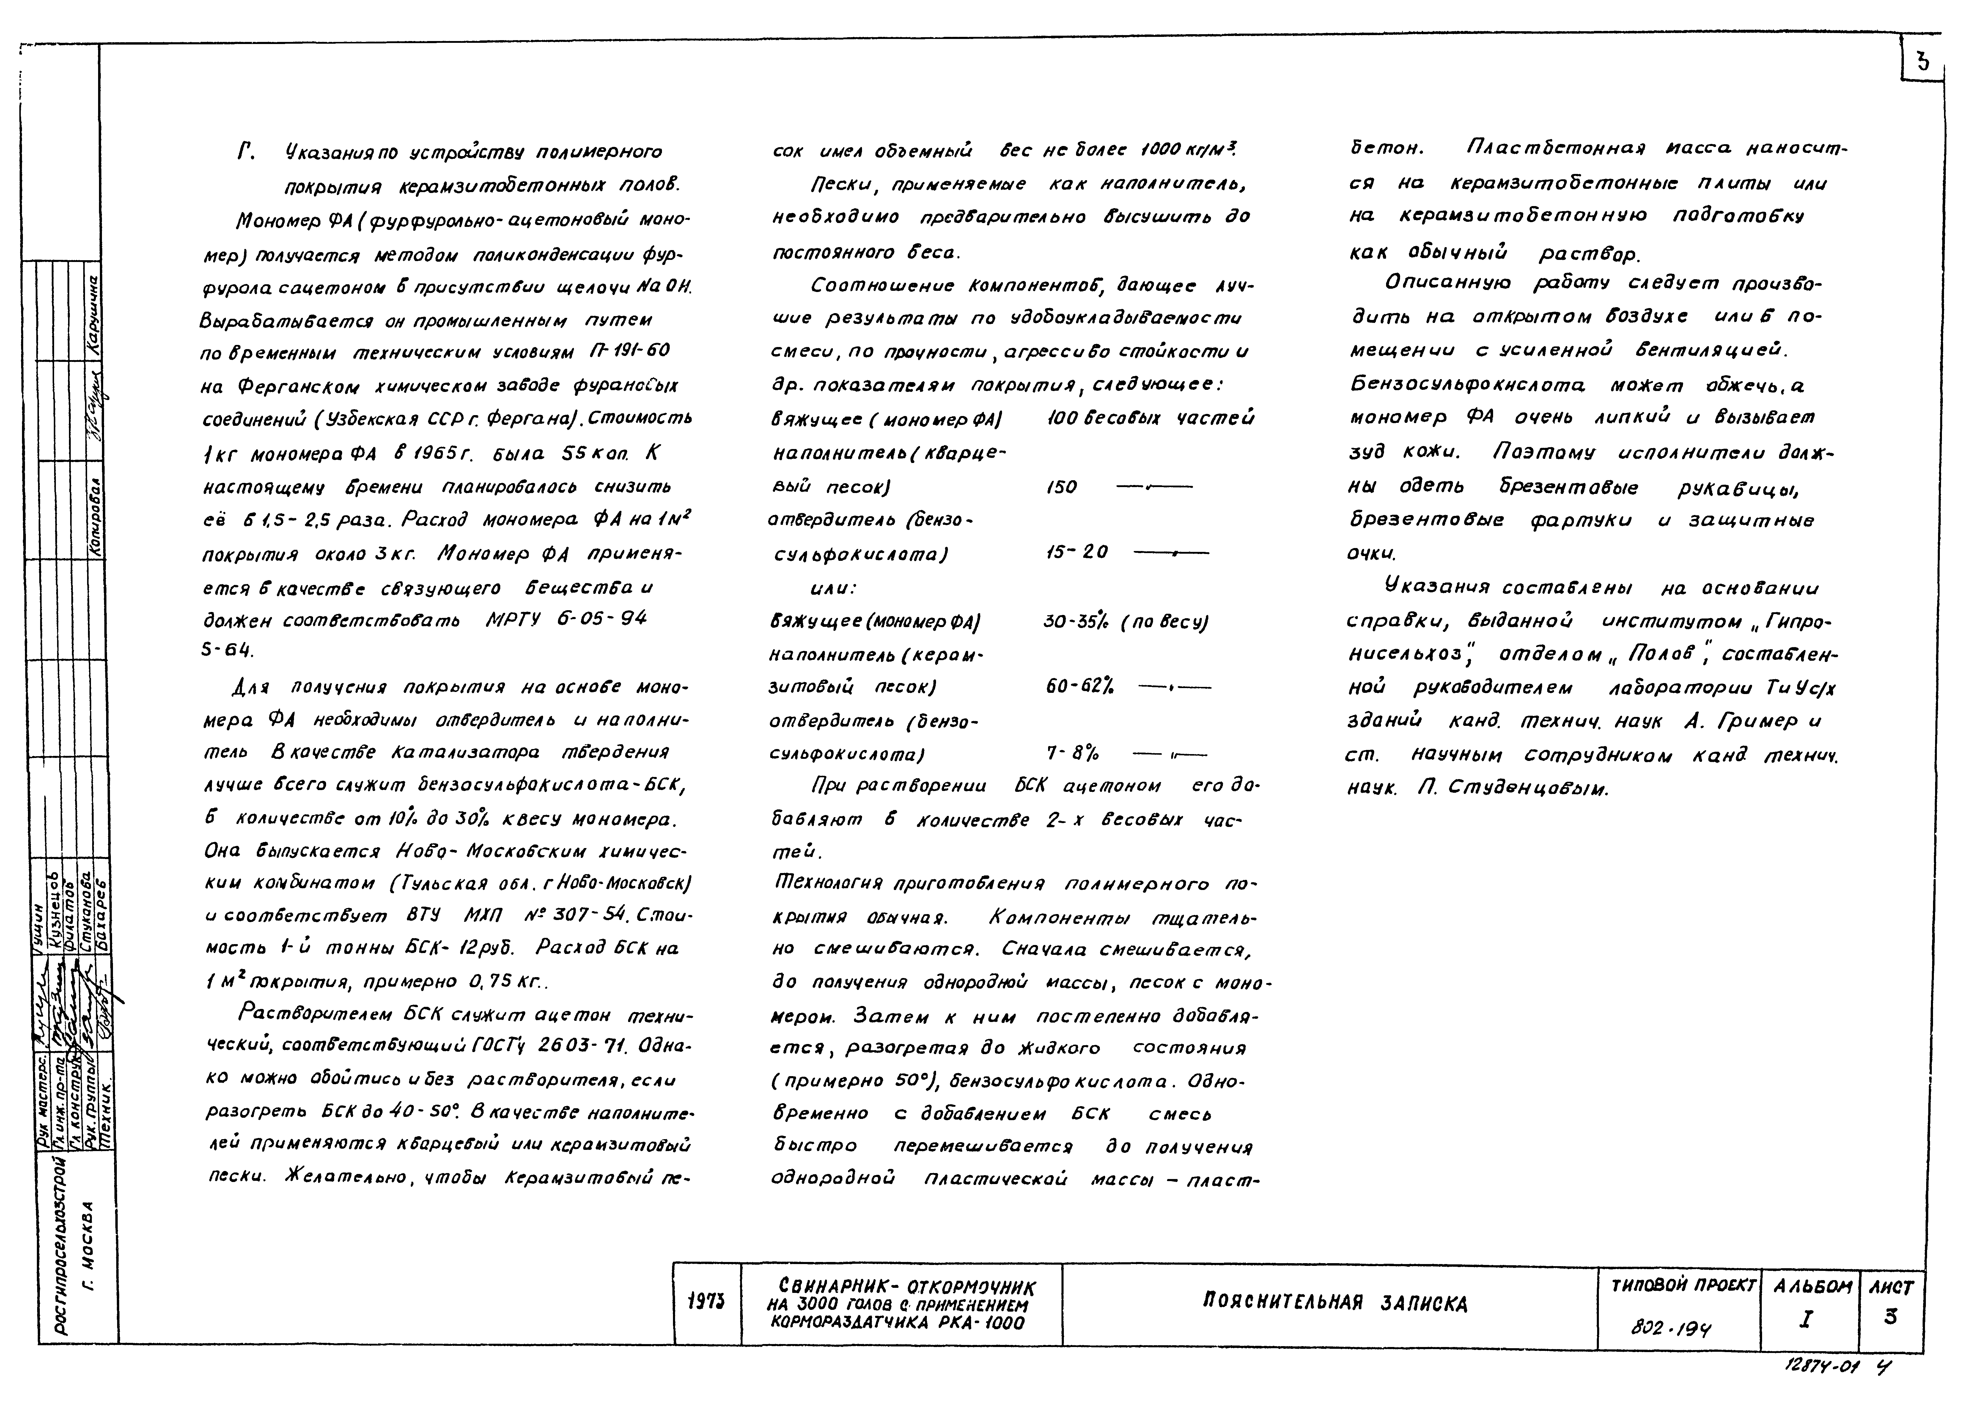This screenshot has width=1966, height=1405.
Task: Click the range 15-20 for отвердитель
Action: pyautogui.click(x=1077, y=552)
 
